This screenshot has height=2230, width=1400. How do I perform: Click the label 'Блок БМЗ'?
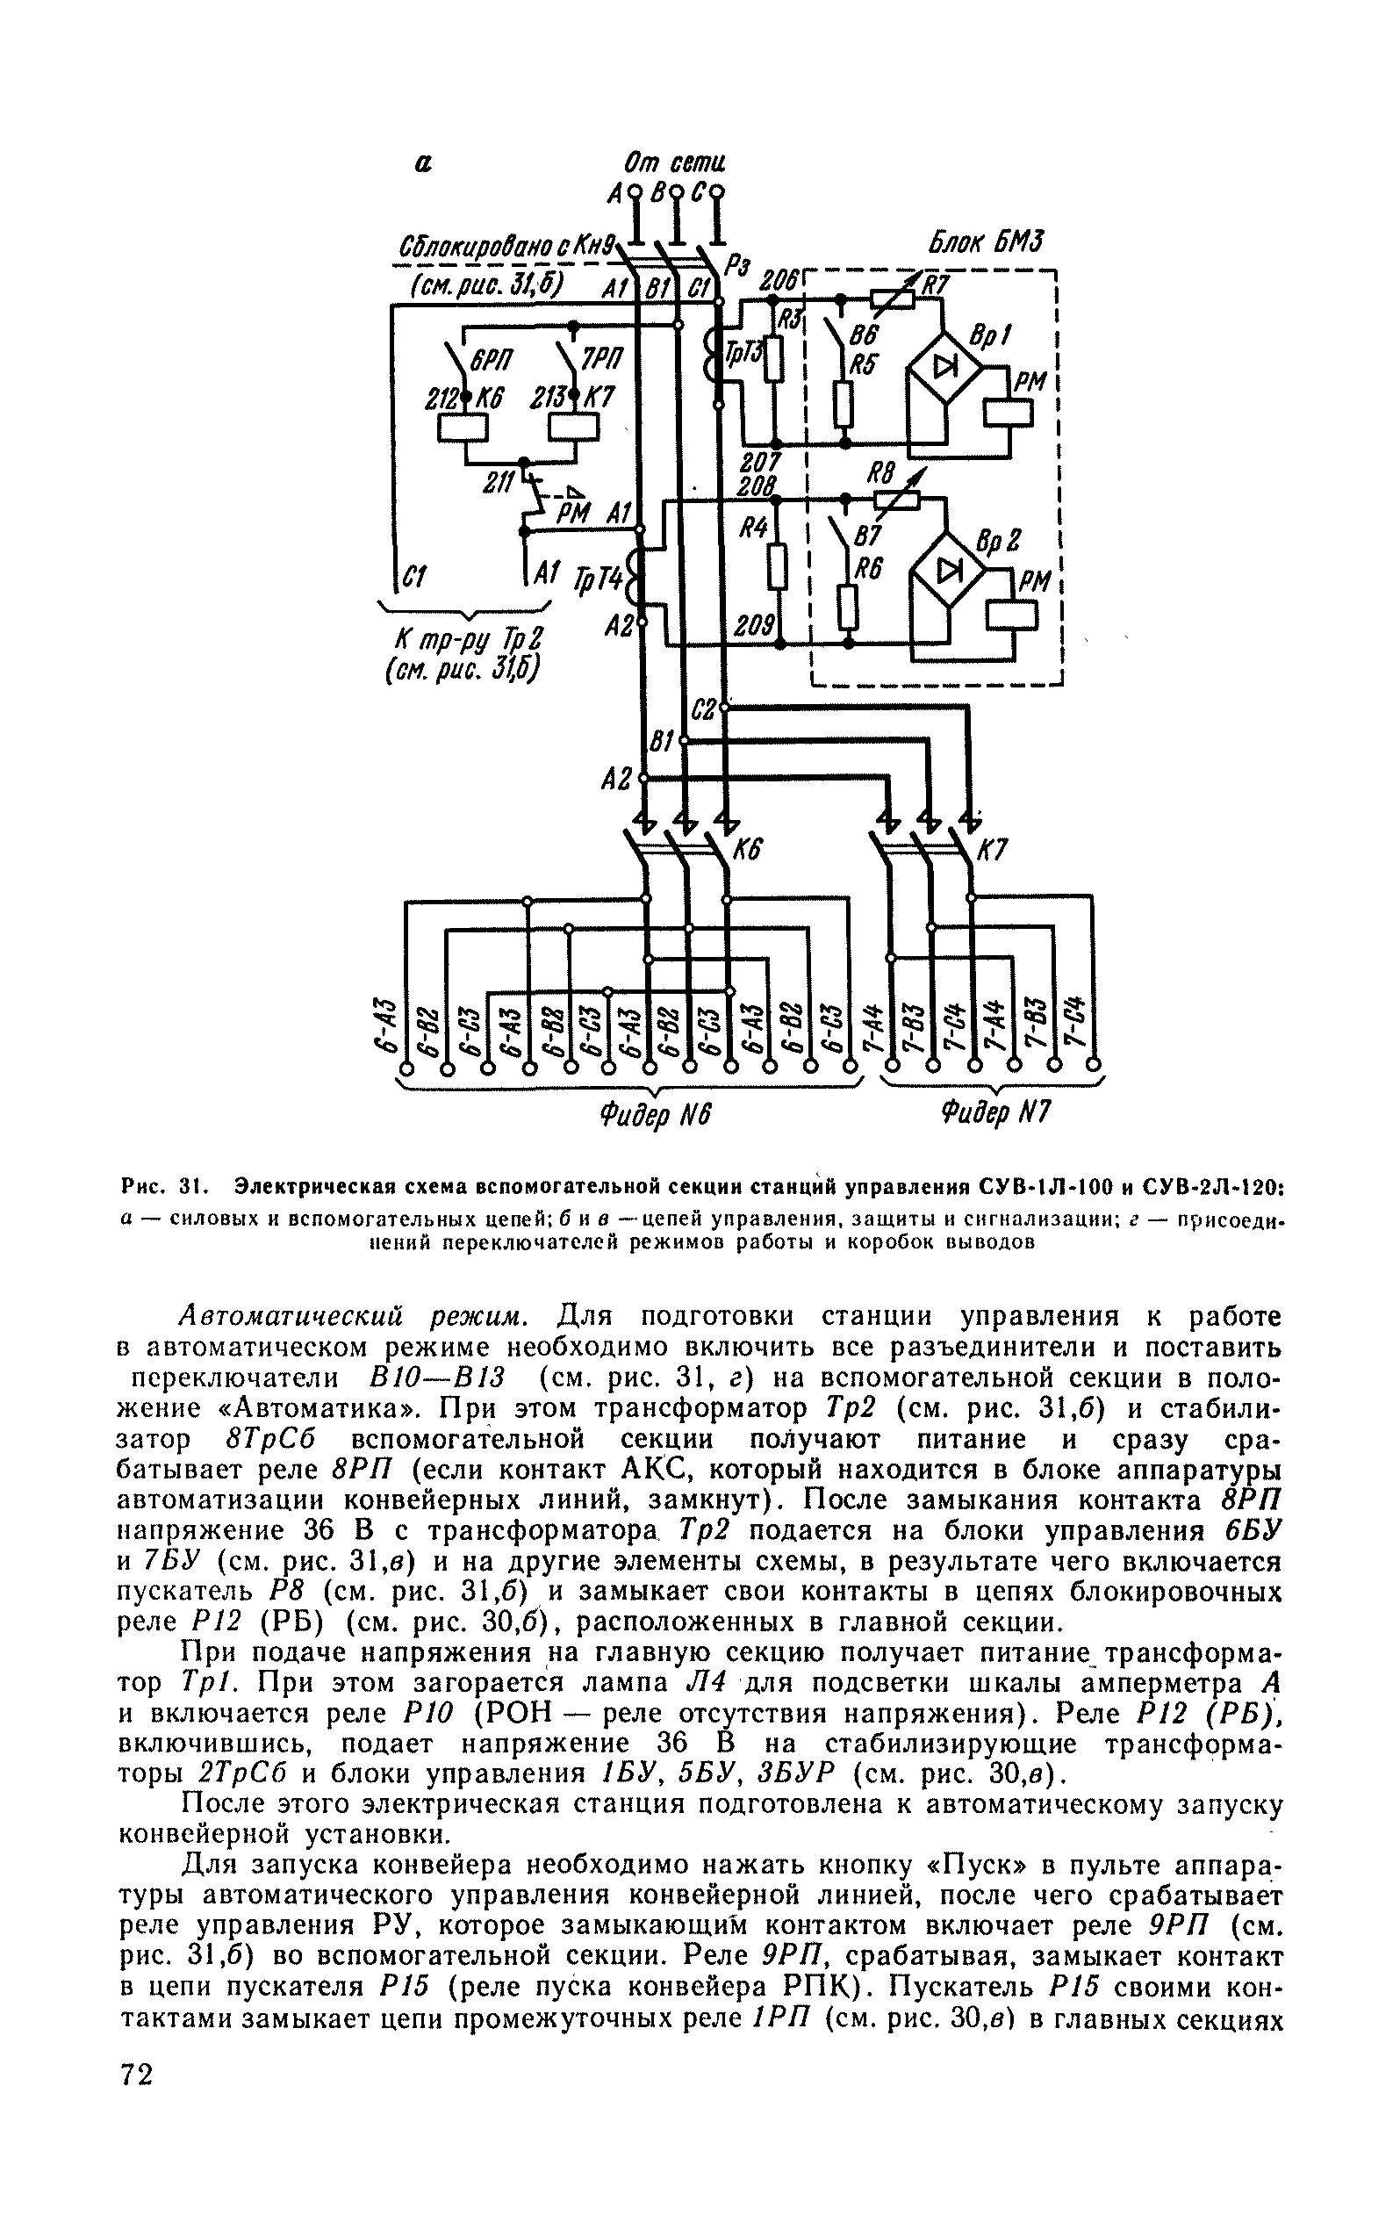click(x=985, y=243)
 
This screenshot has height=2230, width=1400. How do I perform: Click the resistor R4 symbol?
click(x=779, y=567)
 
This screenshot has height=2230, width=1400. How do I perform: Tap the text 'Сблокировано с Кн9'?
click(x=507, y=248)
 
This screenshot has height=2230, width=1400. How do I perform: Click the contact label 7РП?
click(x=603, y=360)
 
